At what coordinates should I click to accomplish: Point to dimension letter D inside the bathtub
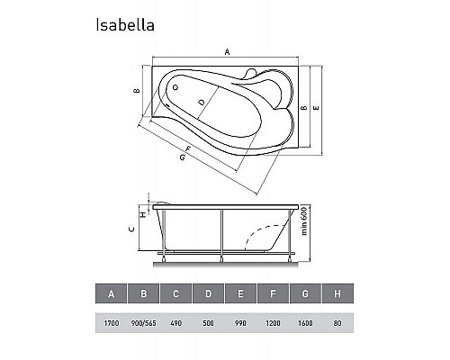click(x=202, y=102)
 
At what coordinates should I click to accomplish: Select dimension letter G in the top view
click(x=183, y=159)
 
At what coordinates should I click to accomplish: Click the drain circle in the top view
click(x=176, y=88)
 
